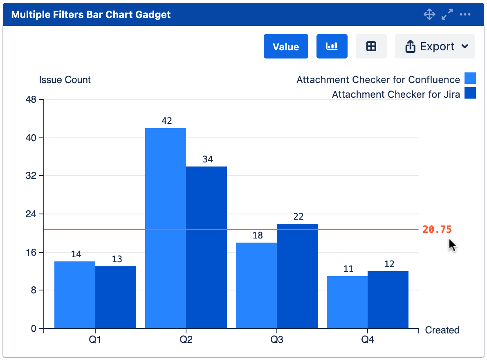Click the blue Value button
285,47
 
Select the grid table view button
371,47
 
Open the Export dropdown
435,47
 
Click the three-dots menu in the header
465,15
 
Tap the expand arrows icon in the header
447,15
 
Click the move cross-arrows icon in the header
429,15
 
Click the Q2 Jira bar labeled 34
206,247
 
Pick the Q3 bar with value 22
297,276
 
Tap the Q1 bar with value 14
75,295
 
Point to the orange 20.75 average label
437,229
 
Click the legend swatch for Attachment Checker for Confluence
470,79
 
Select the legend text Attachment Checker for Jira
396,94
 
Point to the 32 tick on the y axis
31,176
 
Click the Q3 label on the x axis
277,340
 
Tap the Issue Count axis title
65,80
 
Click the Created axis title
442,330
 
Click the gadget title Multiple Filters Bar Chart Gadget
91,15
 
